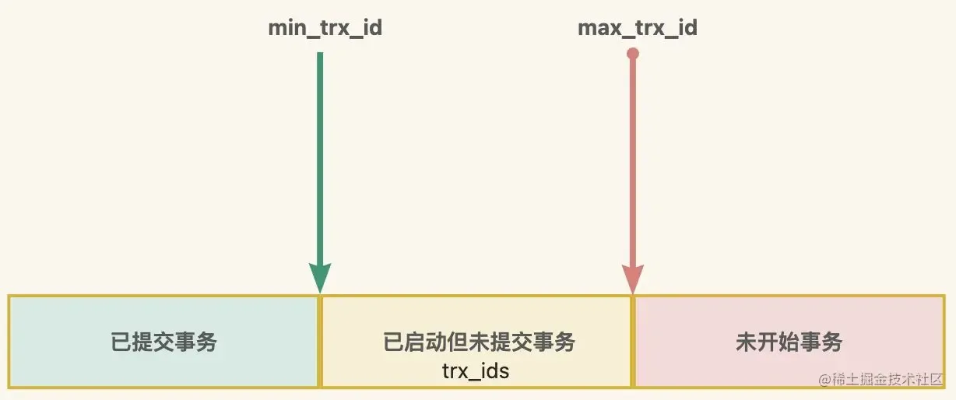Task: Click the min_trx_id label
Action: [325, 30]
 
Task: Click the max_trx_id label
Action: [638, 30]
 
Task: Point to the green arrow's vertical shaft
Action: [320, 156]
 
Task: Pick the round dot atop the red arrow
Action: [633, 54]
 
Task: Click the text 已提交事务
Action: [163, 342]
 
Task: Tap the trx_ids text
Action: [476, 370]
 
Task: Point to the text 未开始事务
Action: [789, 342]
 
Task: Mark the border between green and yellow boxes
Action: [320, 342]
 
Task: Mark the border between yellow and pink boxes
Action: [633, 342]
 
